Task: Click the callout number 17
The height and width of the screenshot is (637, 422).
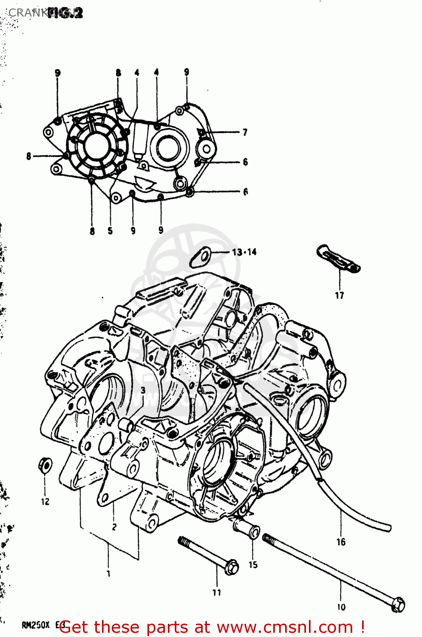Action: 339,296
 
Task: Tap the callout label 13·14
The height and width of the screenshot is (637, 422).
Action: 244,252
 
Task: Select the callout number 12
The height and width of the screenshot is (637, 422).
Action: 45,502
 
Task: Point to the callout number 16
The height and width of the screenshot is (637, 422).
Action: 341,542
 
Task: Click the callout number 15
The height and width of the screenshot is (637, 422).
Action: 253,565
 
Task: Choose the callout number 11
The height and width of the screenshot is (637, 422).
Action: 217,592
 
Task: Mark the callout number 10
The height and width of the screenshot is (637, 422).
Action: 341,607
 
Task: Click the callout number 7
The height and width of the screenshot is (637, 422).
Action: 245,132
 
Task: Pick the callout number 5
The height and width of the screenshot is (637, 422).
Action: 110,231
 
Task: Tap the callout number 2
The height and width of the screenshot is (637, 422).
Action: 114,527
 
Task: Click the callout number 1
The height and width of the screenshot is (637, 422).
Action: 108,573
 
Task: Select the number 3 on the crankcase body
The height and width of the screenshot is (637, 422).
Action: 143,390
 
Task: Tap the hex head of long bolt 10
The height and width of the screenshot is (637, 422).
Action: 398,604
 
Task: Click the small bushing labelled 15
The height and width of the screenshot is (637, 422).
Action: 247,529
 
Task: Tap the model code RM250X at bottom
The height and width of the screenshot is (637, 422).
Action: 36,625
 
